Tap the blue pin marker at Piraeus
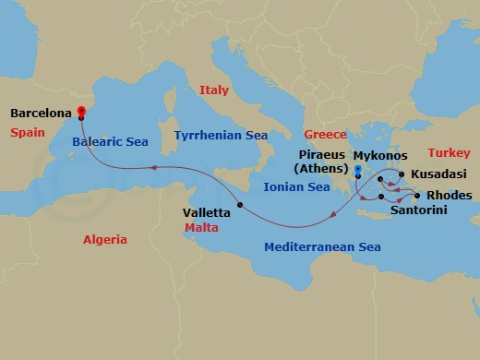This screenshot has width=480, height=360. coord(357,171)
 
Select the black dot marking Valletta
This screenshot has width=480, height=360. coord(239,205)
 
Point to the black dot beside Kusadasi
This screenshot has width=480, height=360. coord(402,174)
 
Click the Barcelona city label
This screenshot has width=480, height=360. coord(42,114)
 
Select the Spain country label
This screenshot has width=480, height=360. coord(28,133)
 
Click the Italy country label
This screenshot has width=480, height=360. coord(213,90)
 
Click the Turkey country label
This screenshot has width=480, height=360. coord(450,152)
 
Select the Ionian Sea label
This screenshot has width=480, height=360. coord(296,186)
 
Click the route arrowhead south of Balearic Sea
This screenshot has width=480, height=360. coord(155,167)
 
